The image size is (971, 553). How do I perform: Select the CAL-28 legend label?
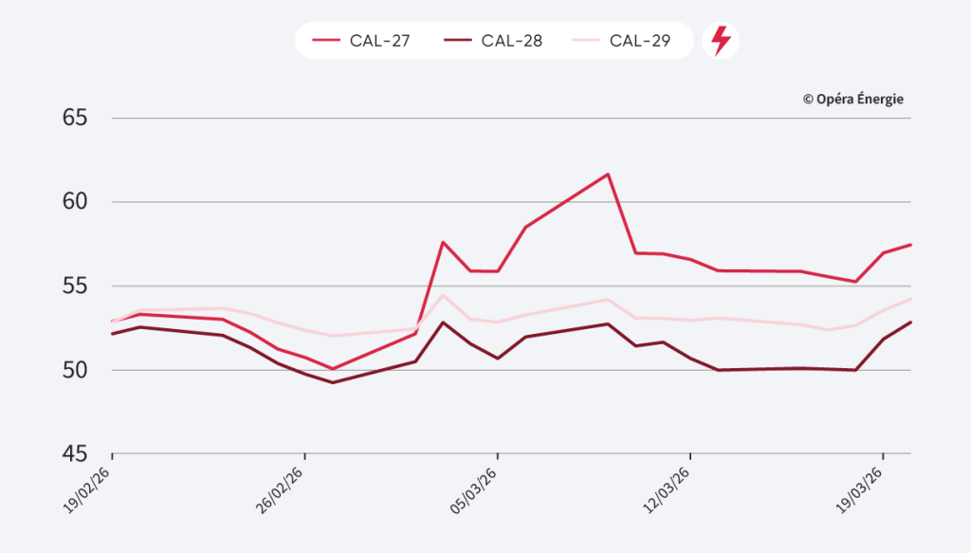[x=511, y=41]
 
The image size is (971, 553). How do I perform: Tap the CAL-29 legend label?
[x=640, y=41]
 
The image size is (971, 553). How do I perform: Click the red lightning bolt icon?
[x=721, y=41]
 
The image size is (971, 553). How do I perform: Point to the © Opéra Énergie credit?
[x=852, y=99]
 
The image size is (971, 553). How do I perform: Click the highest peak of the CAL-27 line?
[x=608, y=174]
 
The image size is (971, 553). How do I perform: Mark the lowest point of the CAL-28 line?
[x=333, y=382]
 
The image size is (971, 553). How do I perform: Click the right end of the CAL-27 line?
[x=910, y=245]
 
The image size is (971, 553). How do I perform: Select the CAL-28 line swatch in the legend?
[x=458, y=41]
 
